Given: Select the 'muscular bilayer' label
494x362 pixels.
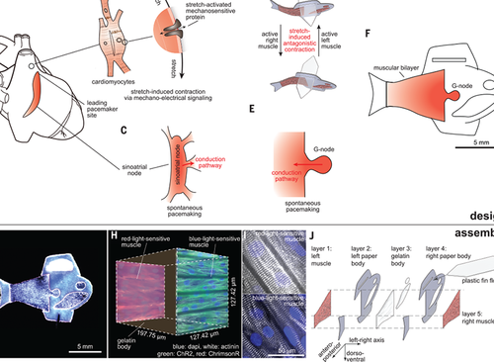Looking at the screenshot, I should click(x=399, y=67).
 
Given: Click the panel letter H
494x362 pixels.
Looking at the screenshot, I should click(x=116, y=237).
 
